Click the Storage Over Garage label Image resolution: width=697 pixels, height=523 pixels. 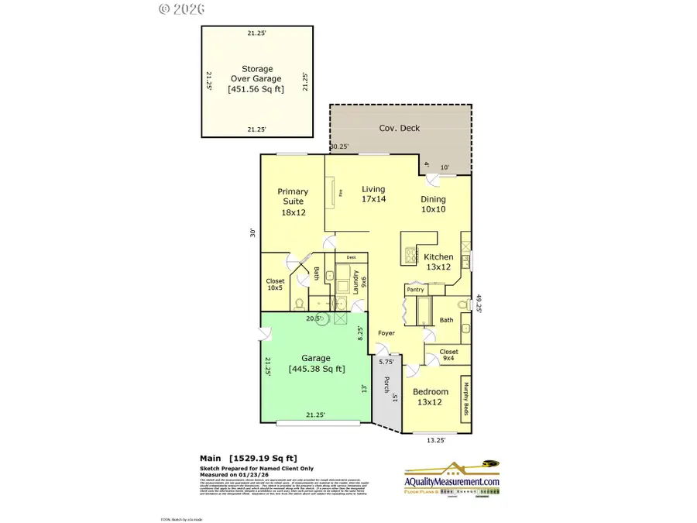tap(256, 78)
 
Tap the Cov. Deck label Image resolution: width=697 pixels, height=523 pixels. tap(399, 128)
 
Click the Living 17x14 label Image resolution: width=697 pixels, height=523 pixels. tap(373, 194)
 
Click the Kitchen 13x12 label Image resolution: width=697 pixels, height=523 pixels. tap(438, 262)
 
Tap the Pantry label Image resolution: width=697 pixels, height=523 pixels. tap(416, 290)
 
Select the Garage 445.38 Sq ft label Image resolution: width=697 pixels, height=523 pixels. tap(316, 363)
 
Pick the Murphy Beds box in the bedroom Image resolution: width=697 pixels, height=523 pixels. tap(466, 397)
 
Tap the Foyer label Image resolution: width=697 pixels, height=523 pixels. tap(386, 334)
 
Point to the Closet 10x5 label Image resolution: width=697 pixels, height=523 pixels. tap(275, 284)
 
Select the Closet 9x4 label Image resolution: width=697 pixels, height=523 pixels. tap(448, 355)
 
